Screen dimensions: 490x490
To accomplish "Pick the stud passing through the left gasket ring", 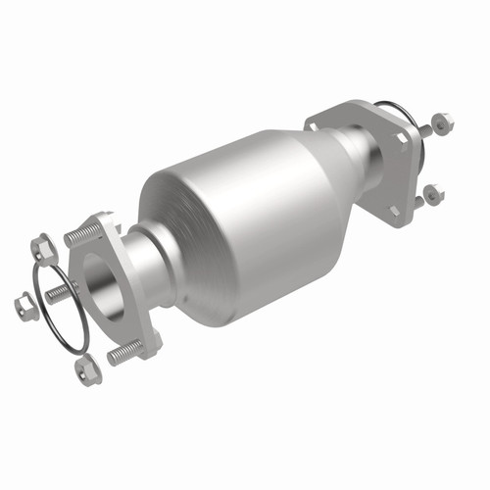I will coord(59,291).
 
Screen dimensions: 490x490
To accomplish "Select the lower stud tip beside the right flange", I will coord(419,200).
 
